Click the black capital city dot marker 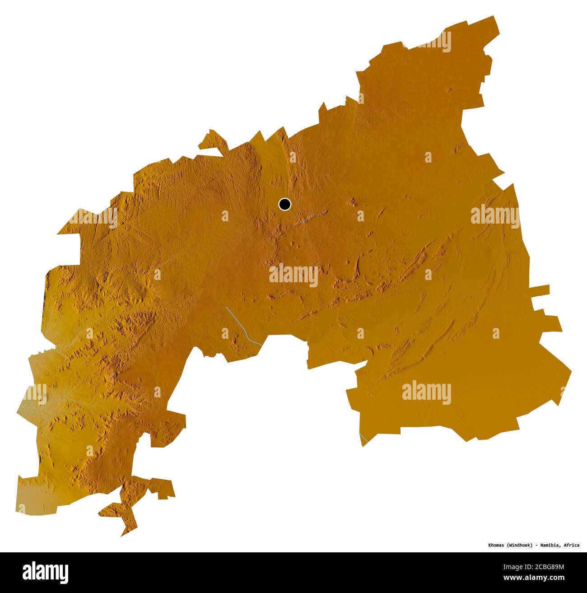tap(284, 205)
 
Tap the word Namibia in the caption tap(549, 545)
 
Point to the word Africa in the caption tap(571, 545)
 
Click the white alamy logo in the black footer tap(46, 572)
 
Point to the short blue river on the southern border tap(363, 438)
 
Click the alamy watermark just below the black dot tap(293, 275)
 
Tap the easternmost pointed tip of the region tap(571, 372)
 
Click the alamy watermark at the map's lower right tap(426, 392)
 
